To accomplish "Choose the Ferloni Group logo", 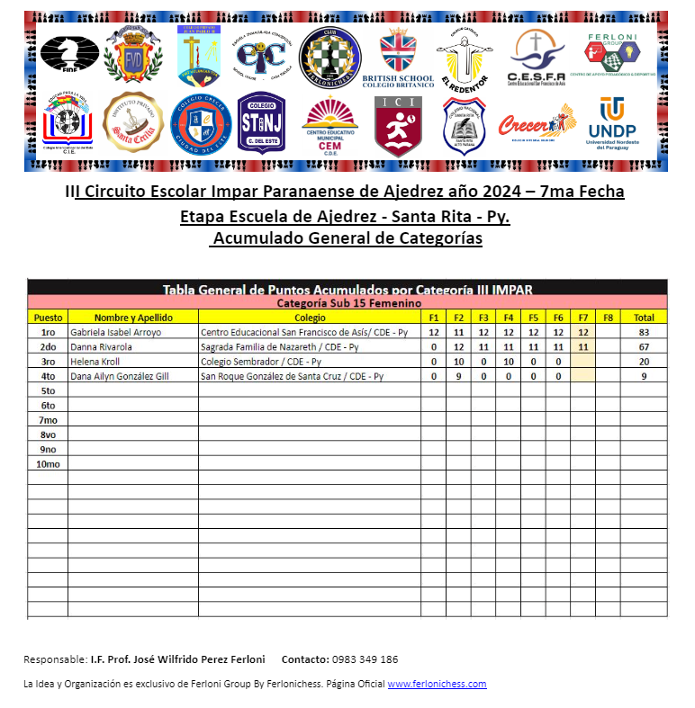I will click(x=615, y=54).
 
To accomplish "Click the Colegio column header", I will click(x=310, y=318).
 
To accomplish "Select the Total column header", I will click(x=644, y=318).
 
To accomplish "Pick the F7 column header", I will click(x=583, y=318).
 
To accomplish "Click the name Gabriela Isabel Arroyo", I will click(x=116, y=333).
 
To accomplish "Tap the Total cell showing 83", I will click(x=644, y=333).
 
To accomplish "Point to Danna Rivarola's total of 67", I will click(x=644, y=347).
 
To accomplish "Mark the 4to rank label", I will click(x=48, y=377).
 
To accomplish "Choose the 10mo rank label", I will click(x=48, y=464).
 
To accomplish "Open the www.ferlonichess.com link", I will click(x=437, y=684).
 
